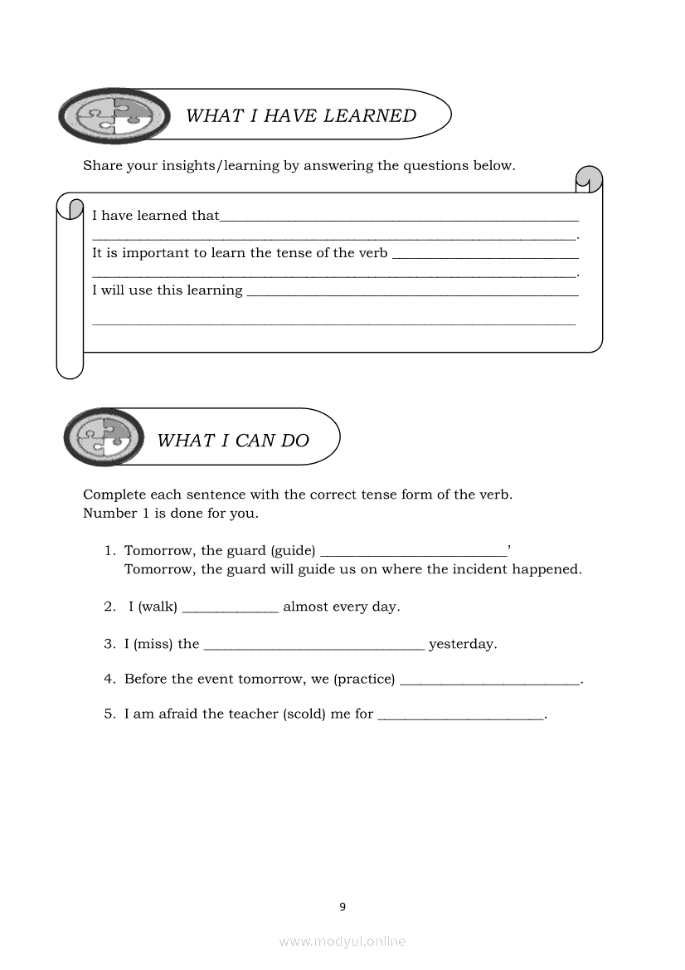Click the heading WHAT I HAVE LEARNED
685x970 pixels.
(300, 116)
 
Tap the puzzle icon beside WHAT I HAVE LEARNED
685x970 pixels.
(114, 116)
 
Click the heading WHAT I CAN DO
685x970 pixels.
(233, 441)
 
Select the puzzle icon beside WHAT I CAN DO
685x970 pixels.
(104, 436)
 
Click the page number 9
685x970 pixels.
(342, 907)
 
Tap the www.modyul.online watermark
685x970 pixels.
(342, 941)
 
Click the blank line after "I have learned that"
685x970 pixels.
(399, 219)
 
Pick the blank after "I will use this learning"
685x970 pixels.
(412, 294)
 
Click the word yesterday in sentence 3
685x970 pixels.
(463, 644)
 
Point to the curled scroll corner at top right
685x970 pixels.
(589, 178)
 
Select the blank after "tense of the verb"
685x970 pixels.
(484, 256)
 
